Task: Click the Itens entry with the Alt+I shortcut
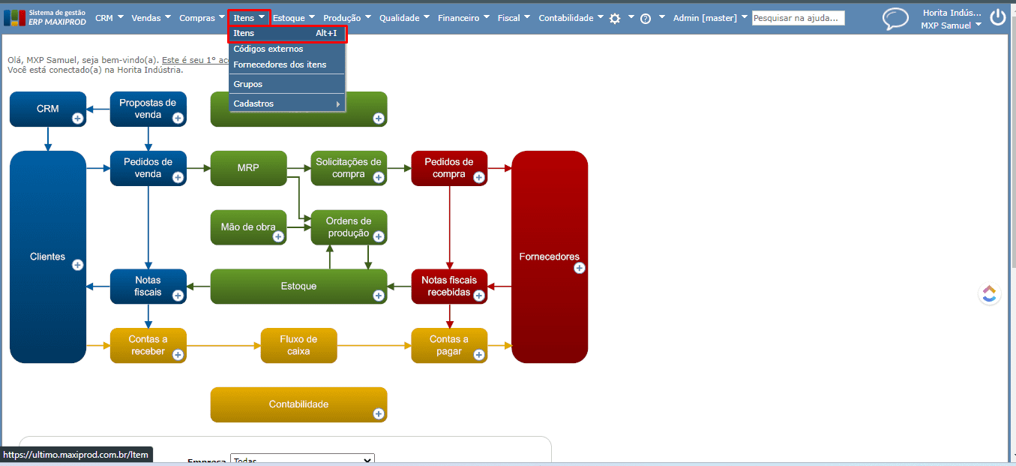(285, 33)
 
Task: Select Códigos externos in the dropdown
(268, 49)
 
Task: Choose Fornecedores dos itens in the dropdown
(280, 65)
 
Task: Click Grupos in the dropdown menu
(248, 84)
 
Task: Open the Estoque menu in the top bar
(289, 18)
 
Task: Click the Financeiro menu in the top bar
(458, 18)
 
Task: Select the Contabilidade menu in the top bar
(565, 18)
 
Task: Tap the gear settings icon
(615, 19)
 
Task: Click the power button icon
(997, 17)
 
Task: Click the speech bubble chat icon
(895, 19)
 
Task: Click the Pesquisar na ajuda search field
(798, 18)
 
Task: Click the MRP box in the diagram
(248, 168)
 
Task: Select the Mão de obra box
(248, 227)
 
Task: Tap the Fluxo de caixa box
(298, 345)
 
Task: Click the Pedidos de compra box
(448, 168)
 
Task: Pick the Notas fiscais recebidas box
(448, 286)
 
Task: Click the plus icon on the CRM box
(77, 118)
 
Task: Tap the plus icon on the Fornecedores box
(580, 268)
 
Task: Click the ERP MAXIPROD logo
(45, 17)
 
